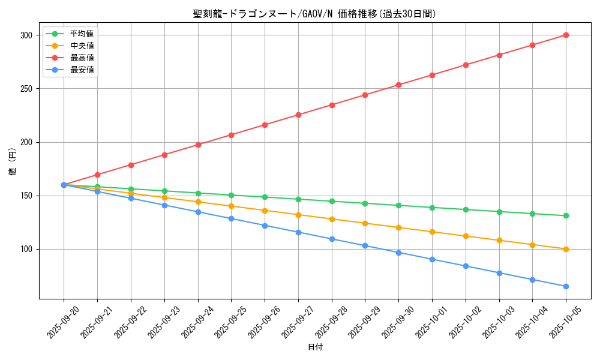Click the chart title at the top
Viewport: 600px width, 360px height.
click(314, 14)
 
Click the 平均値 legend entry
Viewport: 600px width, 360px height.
click(82, 34)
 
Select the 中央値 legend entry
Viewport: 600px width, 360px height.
click(82, 46)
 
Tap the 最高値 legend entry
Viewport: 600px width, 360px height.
click(82, 58)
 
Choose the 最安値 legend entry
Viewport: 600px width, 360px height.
click(82, 70)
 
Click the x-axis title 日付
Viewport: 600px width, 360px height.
click(315, 347)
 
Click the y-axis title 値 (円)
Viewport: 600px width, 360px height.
click(13, 161)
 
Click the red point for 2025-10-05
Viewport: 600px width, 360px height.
click(566, 35)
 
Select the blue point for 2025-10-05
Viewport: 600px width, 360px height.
click(566, 286)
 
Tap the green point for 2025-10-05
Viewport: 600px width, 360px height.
click(566, 215)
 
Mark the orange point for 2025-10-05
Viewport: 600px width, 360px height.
click(566, 249)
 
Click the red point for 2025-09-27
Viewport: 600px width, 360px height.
click(298, 115)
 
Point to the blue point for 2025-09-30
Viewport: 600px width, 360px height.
click(398, 253)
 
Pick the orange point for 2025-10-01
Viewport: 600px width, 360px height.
click(432, 232)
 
